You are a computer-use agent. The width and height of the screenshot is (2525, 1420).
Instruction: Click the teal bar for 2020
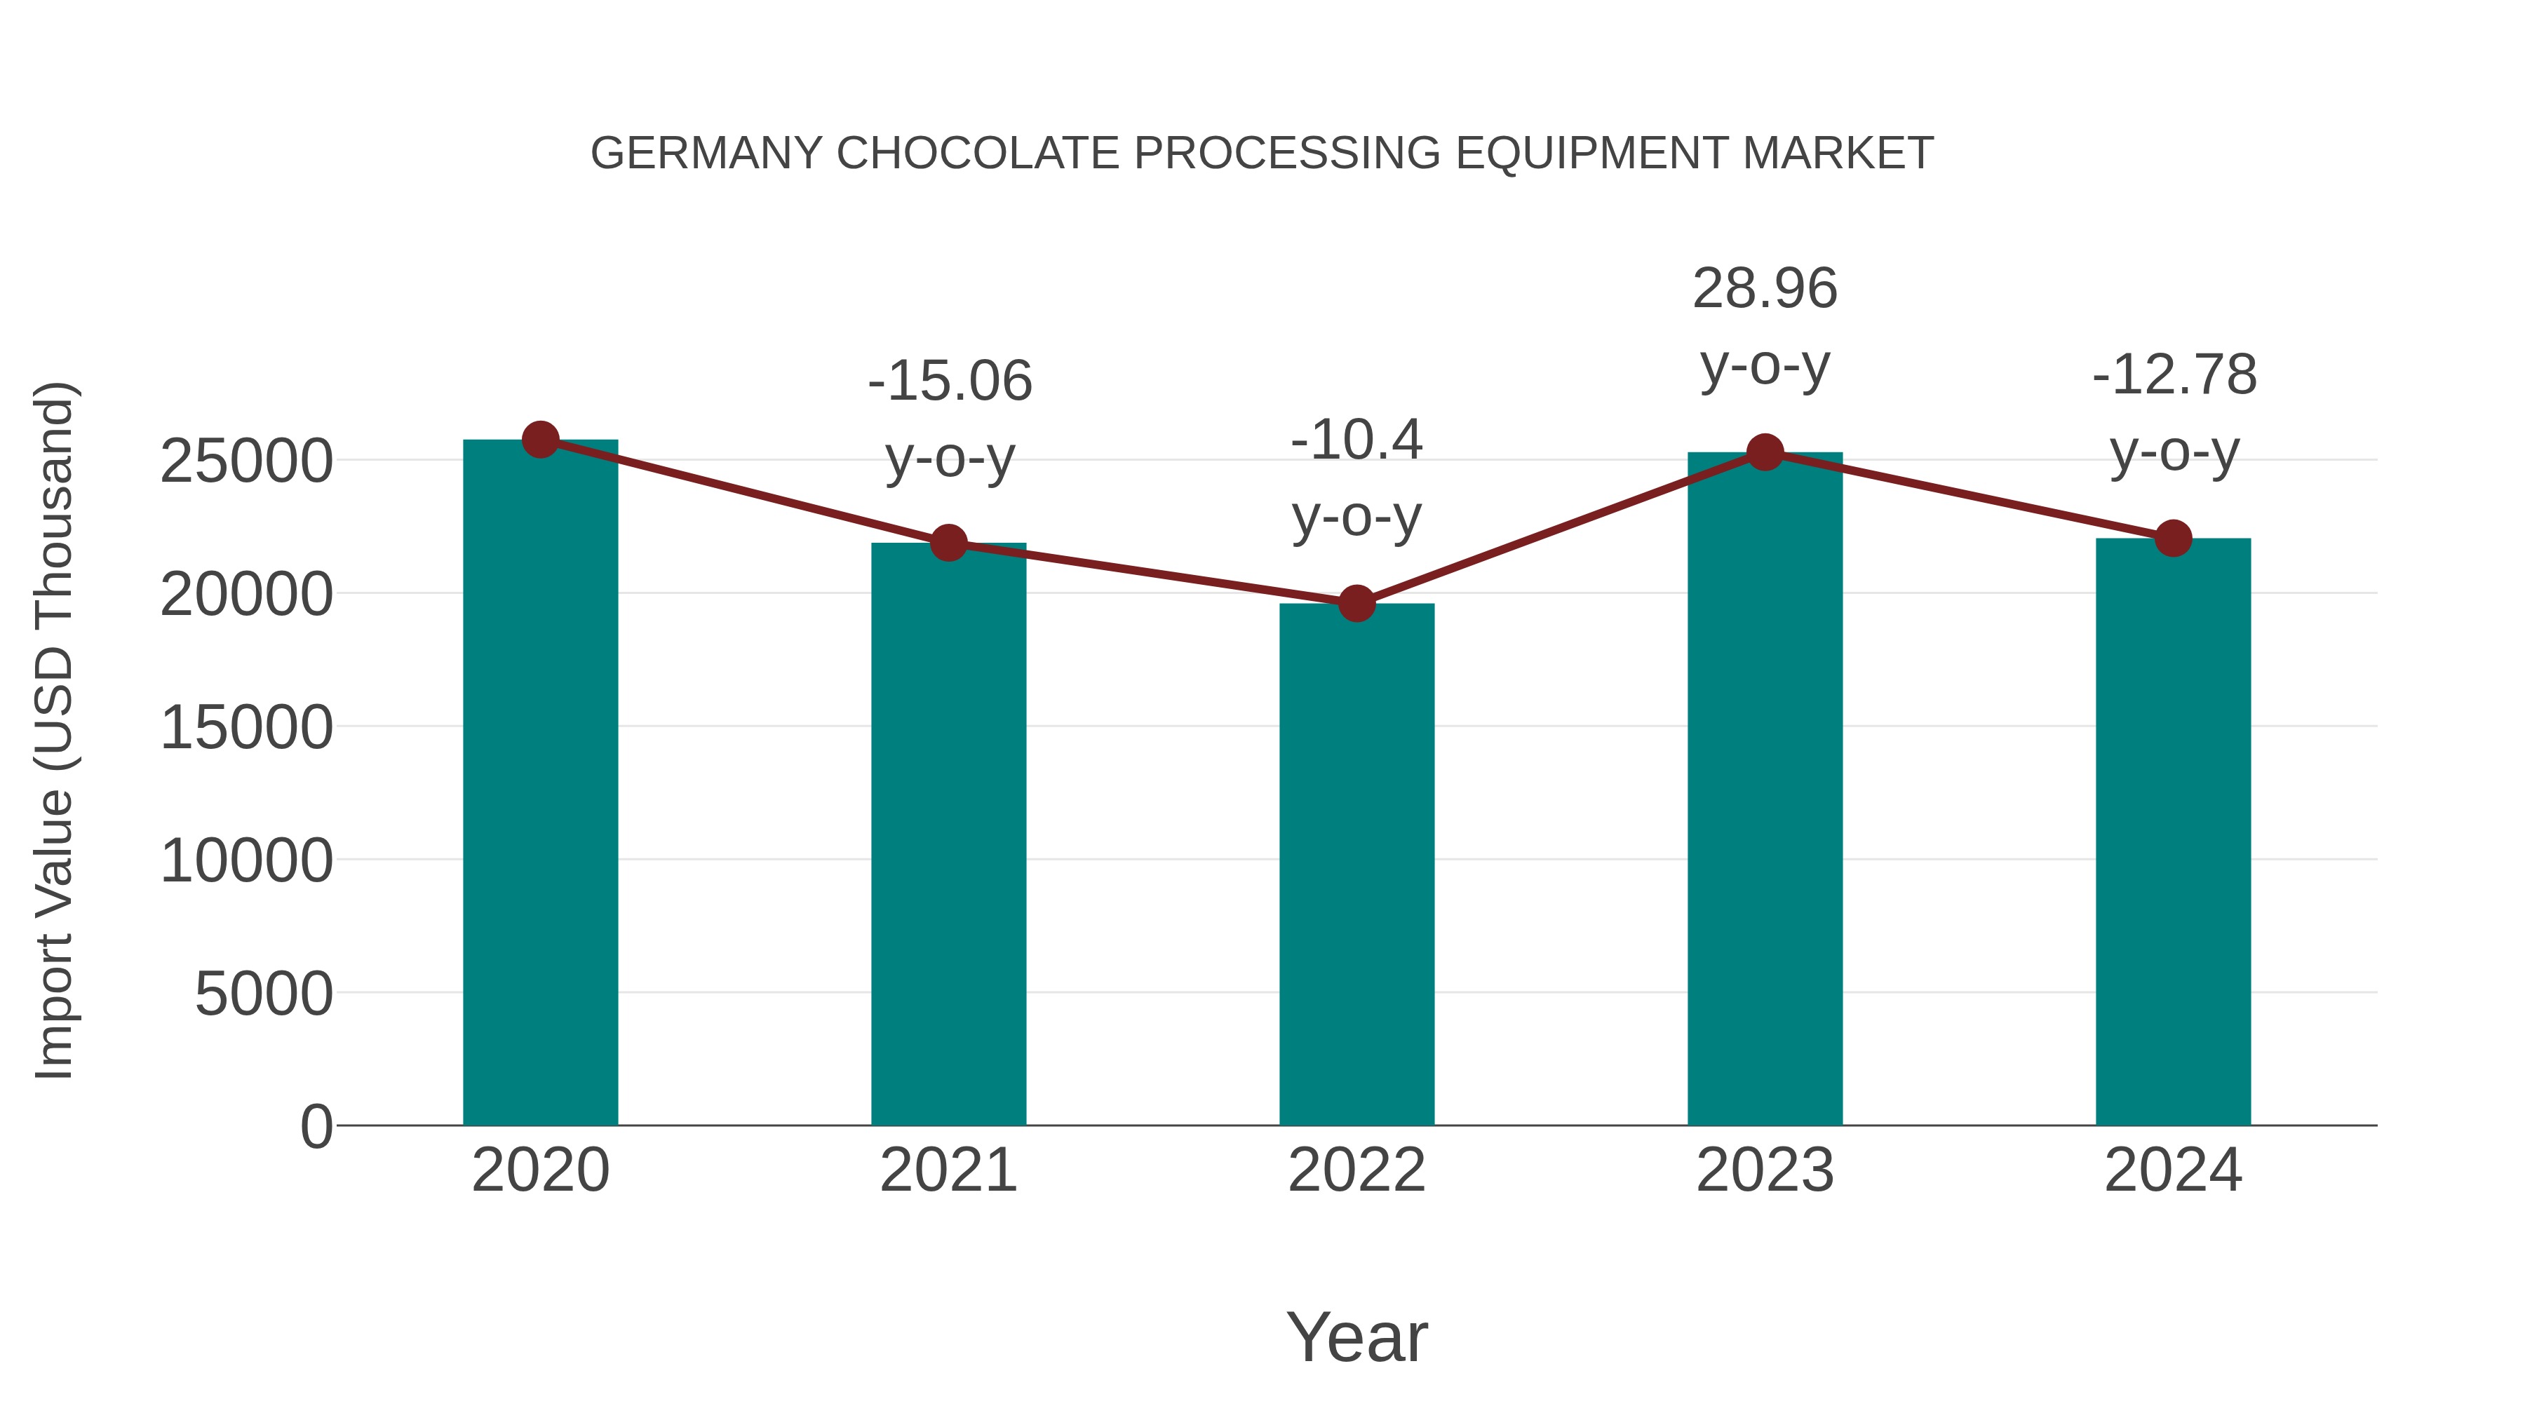pos(540,784)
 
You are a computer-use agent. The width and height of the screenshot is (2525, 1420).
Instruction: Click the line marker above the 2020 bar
pos(540,440)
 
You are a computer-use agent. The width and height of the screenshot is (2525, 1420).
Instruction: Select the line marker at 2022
pos(1356,604)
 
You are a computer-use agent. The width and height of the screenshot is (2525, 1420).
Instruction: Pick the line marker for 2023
pos(1765,453)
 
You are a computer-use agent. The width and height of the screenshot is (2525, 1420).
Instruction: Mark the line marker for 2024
pos(2173,538)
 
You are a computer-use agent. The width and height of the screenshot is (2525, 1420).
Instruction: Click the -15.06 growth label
pos(950,381)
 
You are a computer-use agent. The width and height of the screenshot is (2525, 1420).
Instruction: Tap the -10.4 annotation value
pos(1356,440)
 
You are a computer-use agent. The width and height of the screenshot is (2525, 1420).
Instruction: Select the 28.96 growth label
pos(1765,289)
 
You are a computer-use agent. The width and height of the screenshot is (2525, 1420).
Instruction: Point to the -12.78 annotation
pos(2174,375)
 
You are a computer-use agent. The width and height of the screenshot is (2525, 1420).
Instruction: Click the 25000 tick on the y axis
pos(246,461)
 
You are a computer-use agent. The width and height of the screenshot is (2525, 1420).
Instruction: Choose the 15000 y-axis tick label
pos(246,728)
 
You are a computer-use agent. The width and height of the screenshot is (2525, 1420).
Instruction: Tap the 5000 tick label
pos(264,994)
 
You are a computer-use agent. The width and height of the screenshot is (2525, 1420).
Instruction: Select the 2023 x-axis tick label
pos(1765,1170)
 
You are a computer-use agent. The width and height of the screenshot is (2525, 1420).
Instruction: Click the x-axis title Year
pos(1356,1337)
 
